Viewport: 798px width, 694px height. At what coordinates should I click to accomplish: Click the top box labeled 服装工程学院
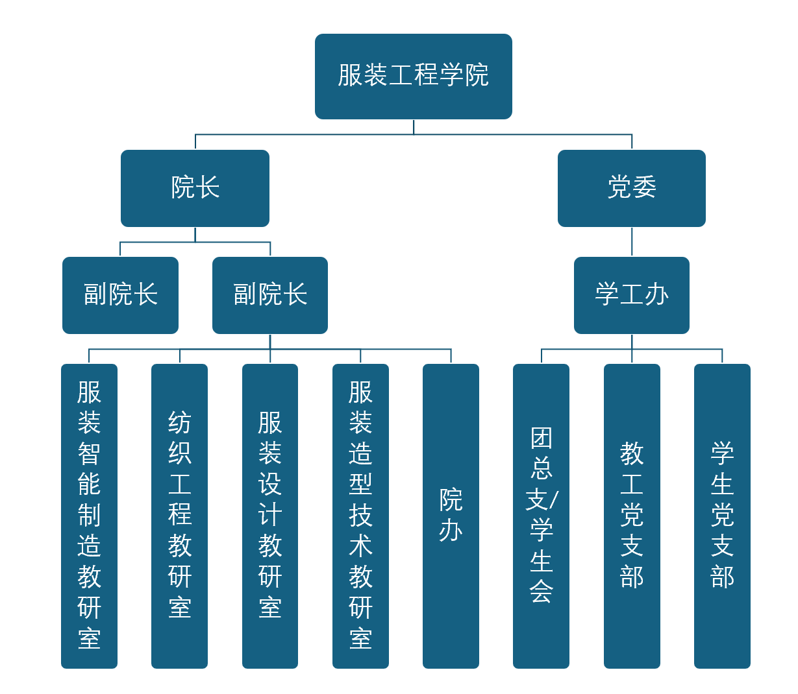(x=413, y=76)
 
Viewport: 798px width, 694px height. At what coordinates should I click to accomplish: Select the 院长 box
(x=195, y=188)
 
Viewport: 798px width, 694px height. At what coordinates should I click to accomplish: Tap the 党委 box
(x=631, y=188)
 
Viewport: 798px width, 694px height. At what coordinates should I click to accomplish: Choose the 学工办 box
(x=631, y=295)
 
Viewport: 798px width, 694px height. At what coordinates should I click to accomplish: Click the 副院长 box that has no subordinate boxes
(x=120, y=295)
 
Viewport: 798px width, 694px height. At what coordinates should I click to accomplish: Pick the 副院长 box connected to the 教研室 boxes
(x=269, y=295)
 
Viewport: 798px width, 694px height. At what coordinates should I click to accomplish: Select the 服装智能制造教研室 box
(x=89, y=516)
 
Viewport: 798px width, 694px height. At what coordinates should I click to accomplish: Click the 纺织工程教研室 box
(x=179, y=516)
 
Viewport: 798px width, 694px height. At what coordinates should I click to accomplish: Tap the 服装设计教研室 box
(x=269, y=516)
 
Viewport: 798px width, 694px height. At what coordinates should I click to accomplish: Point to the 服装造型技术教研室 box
(x=360, y=516)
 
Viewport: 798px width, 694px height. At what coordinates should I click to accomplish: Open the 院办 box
(x=451, y=516)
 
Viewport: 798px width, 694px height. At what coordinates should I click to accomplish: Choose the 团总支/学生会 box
(x=541, y=516)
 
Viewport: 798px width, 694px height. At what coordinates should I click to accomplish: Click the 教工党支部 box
(x=631, y=516)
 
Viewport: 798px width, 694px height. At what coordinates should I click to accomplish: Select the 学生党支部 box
(x=722, y=516)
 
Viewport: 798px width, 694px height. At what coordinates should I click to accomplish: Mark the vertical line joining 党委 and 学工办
(x=632, y=242)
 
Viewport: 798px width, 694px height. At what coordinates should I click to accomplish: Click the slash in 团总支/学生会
(x=554, y=500)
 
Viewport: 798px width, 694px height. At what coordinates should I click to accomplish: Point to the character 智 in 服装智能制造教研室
(x=89, y=453)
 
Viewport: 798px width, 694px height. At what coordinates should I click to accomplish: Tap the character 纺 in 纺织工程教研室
(x=179, y=422)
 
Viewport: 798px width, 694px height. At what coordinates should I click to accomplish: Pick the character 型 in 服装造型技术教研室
(x=360, y=485)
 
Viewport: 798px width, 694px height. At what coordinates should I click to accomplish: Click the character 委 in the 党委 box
(x=644, y=188)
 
